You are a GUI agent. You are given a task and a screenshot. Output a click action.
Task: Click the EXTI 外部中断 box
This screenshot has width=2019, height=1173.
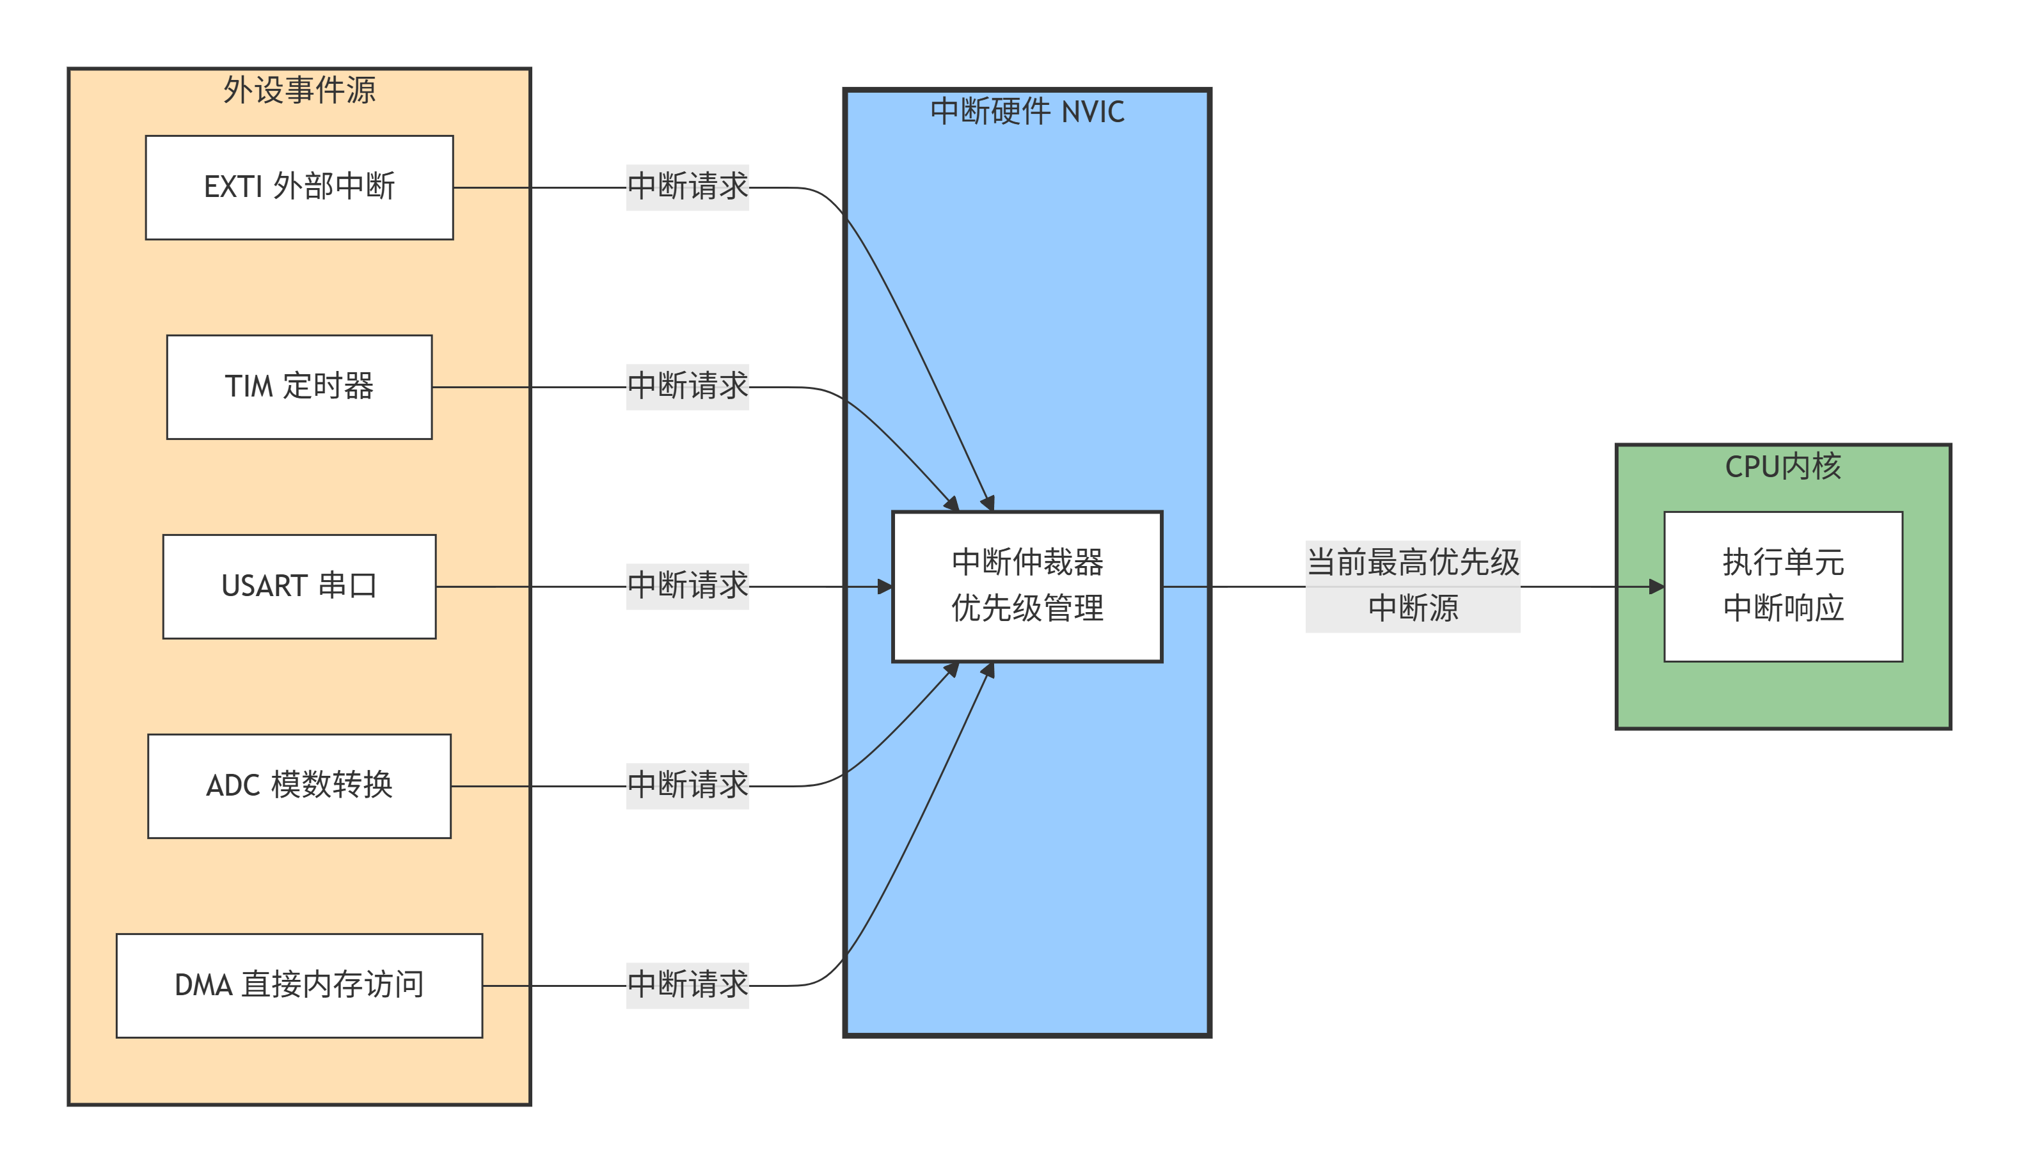[299, 187]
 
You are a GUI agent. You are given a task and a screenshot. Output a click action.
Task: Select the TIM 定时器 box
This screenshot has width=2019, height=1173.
[299, 387]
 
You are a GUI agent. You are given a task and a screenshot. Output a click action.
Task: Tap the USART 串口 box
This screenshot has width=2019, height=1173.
[299, 586]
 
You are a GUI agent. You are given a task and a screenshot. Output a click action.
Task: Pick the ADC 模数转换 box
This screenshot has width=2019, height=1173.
[299, 786]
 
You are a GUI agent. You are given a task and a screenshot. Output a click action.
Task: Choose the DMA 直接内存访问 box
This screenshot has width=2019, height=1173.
[299, 986]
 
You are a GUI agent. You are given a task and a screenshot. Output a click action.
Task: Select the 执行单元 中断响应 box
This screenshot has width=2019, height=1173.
[1783, 586]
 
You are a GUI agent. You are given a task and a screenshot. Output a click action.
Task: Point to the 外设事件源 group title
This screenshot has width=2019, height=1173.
[299, 90]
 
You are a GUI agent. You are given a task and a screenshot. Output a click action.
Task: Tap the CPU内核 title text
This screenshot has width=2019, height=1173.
[1783, 466]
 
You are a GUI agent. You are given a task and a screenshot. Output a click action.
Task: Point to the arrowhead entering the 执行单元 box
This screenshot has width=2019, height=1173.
[1657, 586]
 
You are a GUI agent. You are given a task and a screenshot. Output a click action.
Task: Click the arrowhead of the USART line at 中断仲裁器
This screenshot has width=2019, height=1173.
[885, 586]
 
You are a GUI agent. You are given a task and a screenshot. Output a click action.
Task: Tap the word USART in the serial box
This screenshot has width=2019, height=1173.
[264, 586]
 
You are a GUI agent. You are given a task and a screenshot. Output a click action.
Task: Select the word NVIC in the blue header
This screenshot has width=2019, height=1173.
[1093, 111]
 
